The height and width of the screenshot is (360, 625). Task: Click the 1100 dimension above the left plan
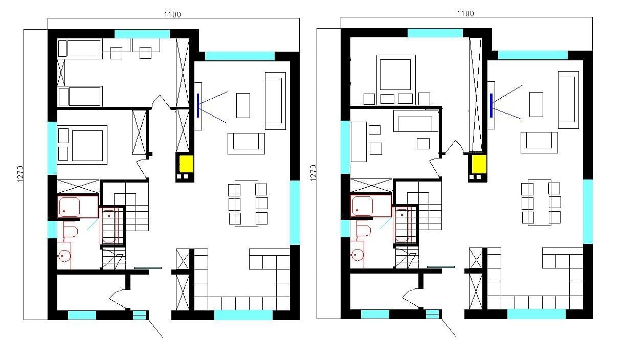172,14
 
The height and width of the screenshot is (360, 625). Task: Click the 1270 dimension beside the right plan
314,173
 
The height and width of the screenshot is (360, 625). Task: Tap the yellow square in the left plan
186,164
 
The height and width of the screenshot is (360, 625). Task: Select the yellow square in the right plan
479,164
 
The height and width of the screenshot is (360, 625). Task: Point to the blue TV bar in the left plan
198,105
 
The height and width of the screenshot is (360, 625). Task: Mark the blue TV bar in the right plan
491,105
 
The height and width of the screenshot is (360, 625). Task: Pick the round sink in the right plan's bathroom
358,255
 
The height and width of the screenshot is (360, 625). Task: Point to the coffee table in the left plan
243,105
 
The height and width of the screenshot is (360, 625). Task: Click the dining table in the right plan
540,202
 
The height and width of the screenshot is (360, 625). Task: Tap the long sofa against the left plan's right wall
275,101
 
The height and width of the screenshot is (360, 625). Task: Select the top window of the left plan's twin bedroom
142,34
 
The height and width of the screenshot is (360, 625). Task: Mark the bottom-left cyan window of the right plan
375,314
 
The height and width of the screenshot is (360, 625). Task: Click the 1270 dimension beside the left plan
20,174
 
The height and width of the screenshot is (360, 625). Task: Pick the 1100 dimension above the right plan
465,13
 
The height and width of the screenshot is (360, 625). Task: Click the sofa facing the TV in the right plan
540,142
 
